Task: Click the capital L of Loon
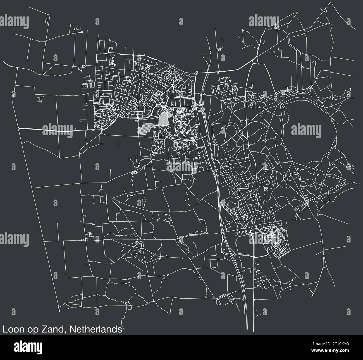[4, 329]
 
